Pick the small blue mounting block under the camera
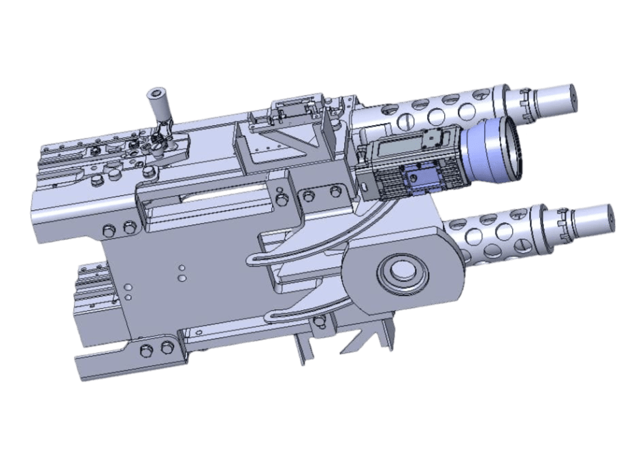pyautogui.click(x=416, y=179)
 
